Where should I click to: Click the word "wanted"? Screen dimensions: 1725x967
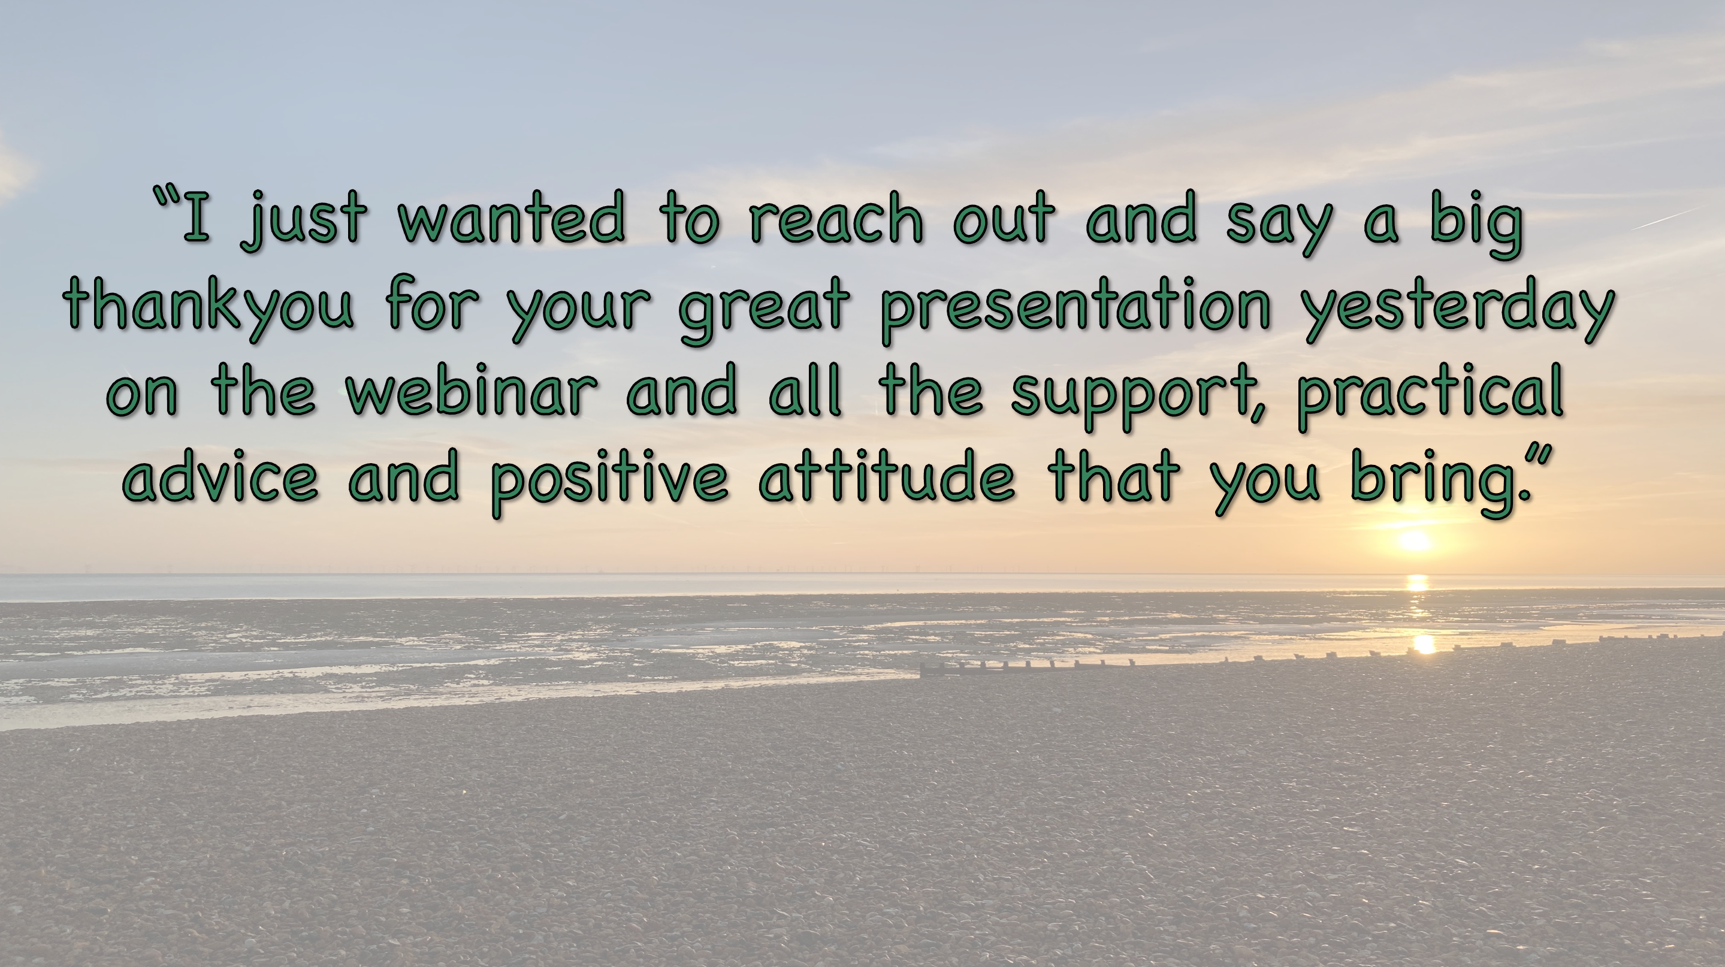tap(512, 216)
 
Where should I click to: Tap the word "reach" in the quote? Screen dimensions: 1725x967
tap(836, 216)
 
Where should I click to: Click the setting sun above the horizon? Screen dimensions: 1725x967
tap(1414, 541)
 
